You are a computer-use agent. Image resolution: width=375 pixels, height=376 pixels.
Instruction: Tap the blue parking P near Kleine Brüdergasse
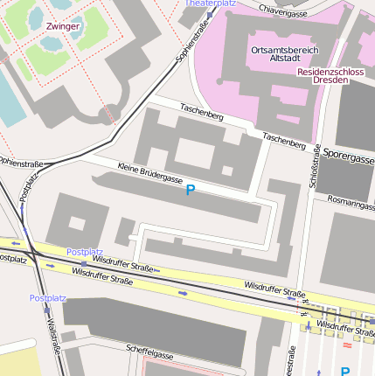pyautogui.click(x=190, y=190)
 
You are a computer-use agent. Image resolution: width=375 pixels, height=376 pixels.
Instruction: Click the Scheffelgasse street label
pyautogui.click(x=149, y=353)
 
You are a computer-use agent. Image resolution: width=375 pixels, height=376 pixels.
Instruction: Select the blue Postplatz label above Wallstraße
pyautogui.click(x=47, y=298)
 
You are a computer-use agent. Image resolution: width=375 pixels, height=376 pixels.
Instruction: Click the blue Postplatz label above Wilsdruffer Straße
pyautogui.click(x=85, y=252)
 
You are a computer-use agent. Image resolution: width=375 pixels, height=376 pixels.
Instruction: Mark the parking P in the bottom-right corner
pyautogui.click(x=344, y=371)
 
